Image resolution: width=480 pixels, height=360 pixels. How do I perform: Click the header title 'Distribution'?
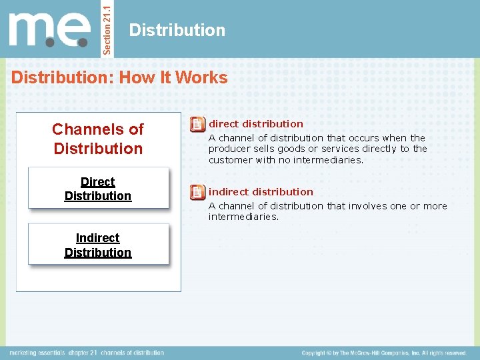click(177, 30)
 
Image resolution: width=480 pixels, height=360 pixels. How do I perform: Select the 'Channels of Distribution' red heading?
click(98, 139)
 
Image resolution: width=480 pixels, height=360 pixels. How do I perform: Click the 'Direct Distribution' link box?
click(98, 189)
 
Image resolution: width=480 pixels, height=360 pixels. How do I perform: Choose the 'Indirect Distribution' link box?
click(98, 245)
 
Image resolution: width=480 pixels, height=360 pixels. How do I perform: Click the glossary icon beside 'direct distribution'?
click(197, 124)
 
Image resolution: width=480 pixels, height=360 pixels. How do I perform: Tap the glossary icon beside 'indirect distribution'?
click(197, 193)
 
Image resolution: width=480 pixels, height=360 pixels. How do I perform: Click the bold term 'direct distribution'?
click(256, 123)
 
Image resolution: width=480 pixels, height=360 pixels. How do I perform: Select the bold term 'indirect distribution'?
click(261, 192)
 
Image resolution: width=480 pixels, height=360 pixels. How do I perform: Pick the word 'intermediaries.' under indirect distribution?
click(243, 217)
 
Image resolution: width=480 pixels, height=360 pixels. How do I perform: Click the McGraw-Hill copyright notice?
click(383, 353)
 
